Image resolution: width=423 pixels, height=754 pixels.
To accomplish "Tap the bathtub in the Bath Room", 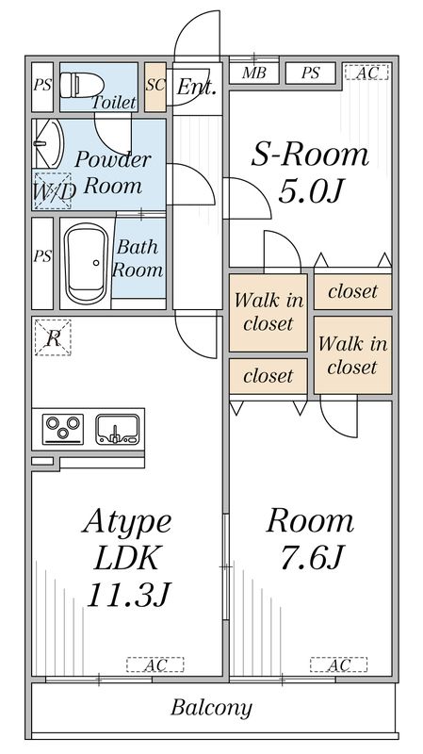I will (87, 263).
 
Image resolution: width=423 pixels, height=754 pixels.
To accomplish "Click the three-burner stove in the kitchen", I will (63, 429).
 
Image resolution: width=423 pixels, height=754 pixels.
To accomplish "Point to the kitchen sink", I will (118, 429).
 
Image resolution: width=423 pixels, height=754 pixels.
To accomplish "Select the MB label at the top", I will (252, 74).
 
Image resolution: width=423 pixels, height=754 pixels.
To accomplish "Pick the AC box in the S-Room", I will (363, 73).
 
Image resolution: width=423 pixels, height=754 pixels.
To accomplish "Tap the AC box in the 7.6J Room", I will (339, 665).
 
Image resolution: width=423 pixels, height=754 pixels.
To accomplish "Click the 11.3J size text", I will (130, 595).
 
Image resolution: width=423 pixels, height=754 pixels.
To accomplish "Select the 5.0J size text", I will (307, 192).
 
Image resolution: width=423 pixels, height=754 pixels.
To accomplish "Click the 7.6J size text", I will (307, 559).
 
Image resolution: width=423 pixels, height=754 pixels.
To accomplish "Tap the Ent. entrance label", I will (196, 88).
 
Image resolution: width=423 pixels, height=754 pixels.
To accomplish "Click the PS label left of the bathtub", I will (41, 256).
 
